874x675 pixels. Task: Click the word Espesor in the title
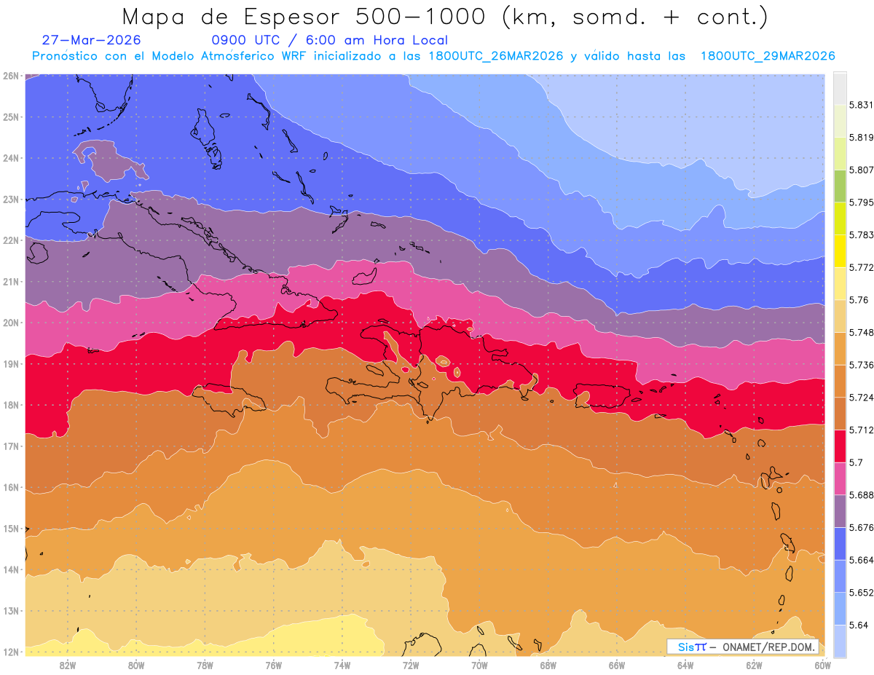click(291, 17)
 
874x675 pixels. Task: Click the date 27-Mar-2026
click(91, 40)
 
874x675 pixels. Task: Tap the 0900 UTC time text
click(245, 40)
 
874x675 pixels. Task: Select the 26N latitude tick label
click(10, 76)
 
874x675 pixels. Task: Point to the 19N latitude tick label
click(10, 364)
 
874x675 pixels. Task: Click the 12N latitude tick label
click(10, 652)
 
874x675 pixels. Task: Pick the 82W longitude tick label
click(68, 666)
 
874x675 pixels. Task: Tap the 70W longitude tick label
click(479, 666)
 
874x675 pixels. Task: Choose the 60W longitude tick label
click(822, 666)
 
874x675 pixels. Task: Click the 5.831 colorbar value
click(861, 105)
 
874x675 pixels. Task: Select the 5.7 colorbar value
click(856, 462)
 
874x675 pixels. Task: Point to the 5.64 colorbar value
click(858, 625)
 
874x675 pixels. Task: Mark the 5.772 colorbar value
click(861, 267)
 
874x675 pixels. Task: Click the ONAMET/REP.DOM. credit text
click(768, 647)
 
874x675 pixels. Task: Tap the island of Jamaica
click(229, 399)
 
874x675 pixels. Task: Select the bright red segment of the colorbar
click(840, 446)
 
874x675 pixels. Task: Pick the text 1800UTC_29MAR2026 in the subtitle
click(768, 56)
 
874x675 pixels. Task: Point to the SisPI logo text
click(691, 647)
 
